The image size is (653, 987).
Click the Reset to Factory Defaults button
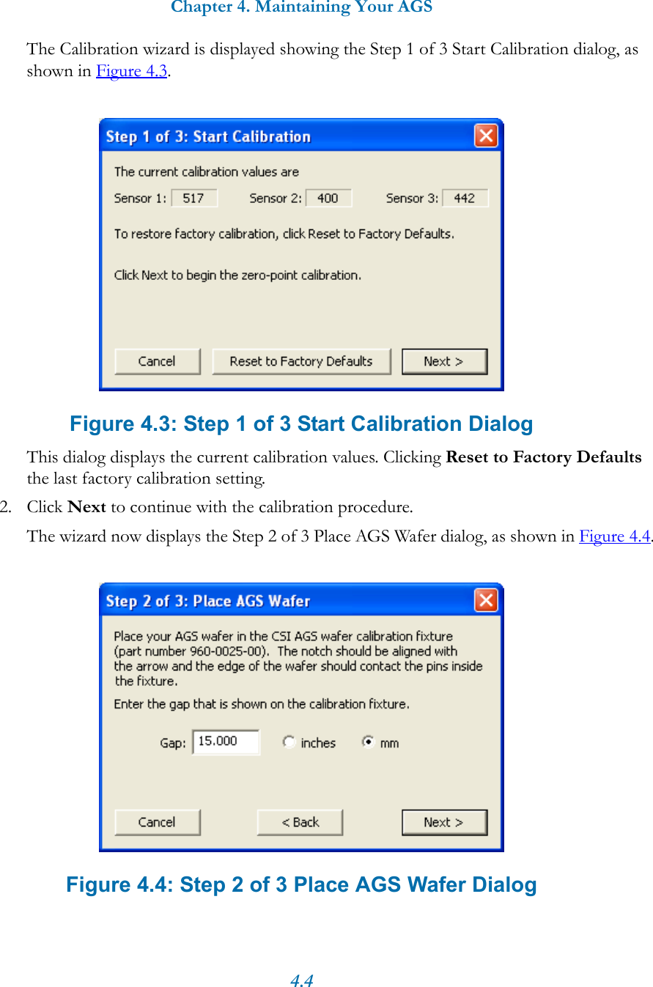[301, 361]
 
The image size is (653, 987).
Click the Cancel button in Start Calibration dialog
[157, 361]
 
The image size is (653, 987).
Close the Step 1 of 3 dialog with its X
[485, 136]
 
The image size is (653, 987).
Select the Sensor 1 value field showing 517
[194, 198]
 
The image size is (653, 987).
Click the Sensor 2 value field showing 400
[328, 198]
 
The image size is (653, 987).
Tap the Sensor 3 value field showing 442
[465, 198]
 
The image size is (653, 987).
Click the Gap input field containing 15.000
[225, 742]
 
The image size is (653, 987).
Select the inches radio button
[289, 742]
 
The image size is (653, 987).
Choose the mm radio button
[369, 742]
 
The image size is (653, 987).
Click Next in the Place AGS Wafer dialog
[444, 822]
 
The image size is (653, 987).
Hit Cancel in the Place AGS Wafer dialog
[157, 822]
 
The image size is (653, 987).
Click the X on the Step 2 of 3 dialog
[485, 600]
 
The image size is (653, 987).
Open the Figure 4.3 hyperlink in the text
[132, 71]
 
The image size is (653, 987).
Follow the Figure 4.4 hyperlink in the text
[614, 536]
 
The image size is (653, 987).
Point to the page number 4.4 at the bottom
[302, 980]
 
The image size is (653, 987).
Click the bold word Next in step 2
[86, 507]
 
